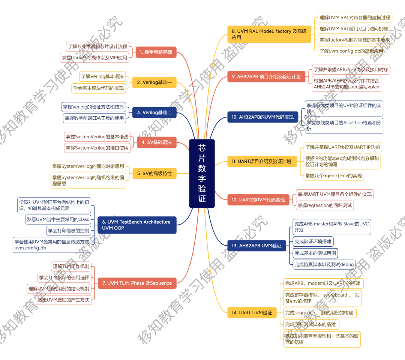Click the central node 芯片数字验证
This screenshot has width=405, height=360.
coord(202,173)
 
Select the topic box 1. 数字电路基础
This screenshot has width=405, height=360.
coord(156,52)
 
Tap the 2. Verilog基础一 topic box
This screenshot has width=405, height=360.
coord(154,82)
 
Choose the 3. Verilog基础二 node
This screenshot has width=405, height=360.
coord(154,112)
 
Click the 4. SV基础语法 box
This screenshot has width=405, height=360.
coord(156,142)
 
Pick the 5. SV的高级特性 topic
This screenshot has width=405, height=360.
coord(154,173)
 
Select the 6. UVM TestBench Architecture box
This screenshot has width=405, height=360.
coord(136,225)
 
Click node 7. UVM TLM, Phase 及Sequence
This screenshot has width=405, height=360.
coord(137,283)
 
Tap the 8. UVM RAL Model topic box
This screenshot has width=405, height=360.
coord(269,34)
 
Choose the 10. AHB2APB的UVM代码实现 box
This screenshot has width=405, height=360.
coord(263,117)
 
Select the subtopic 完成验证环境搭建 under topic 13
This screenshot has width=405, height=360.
coord(313,241)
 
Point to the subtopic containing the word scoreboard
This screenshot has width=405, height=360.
coord(322,298)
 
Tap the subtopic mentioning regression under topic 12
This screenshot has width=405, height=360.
coord(325,205)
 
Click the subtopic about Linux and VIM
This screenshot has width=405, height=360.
coord(95,57)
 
